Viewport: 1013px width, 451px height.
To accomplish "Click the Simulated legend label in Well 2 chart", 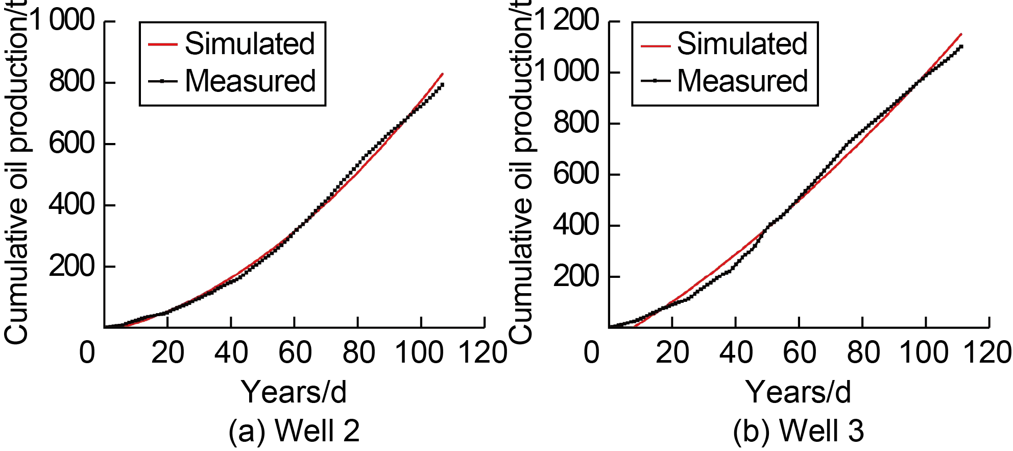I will [250, 44].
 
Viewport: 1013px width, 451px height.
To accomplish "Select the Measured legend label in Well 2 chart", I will [250, 81].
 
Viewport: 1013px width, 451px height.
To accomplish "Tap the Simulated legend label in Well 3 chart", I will [742, 44].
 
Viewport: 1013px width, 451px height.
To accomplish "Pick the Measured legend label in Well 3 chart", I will [742, 81].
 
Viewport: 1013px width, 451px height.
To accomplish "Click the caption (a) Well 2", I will [294, 430].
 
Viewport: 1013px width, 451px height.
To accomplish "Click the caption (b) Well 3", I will [799, 430].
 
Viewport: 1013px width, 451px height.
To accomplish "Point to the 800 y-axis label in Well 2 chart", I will [72, 82].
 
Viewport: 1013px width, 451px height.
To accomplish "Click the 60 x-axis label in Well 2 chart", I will [295, 352].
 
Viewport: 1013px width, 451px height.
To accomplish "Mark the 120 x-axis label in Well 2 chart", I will [483, 352].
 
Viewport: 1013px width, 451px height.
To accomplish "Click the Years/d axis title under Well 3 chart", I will [799, 392].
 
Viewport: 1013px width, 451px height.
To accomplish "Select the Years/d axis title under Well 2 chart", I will [294, 392].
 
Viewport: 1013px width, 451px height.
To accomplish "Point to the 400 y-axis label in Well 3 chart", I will [576, 225].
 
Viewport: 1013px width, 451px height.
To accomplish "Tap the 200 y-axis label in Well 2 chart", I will [72, 266].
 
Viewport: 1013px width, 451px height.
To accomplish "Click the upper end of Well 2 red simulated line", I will [442, 74].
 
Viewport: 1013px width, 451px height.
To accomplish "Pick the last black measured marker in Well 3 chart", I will [961, 47].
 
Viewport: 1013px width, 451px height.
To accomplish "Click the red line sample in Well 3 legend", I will [655, 45].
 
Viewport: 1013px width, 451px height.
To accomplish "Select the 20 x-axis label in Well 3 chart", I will [672, 352].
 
